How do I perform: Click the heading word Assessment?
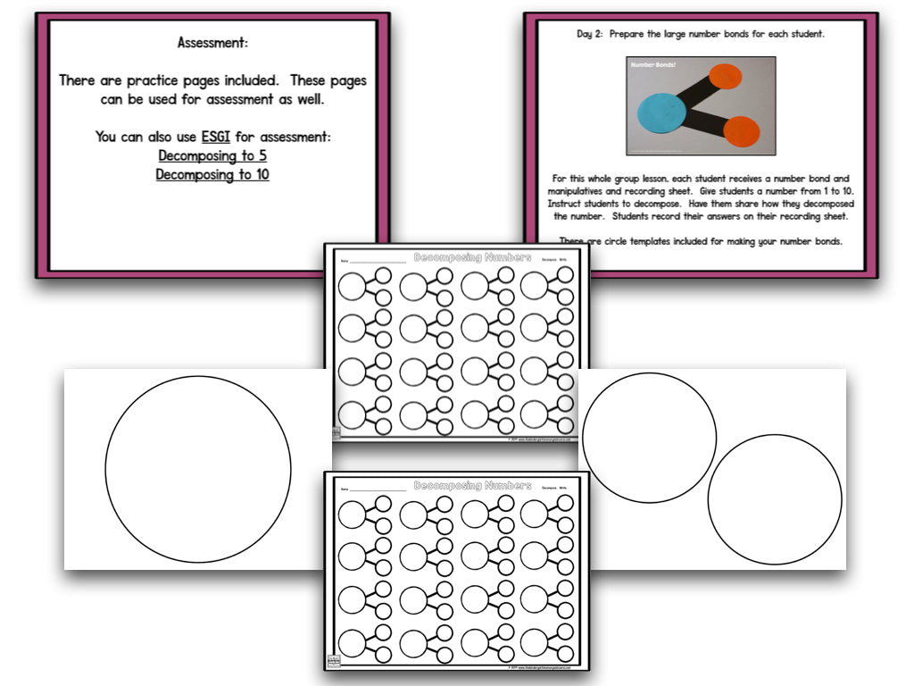click(212, 42)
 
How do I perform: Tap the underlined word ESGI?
click(216, 138)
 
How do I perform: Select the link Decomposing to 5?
click(212, 156)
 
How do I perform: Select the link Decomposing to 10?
click(212, 175)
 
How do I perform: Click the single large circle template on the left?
click(198, 470)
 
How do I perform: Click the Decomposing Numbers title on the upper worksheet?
click(472, 257)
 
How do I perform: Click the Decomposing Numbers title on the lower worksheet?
click(472, 486)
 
